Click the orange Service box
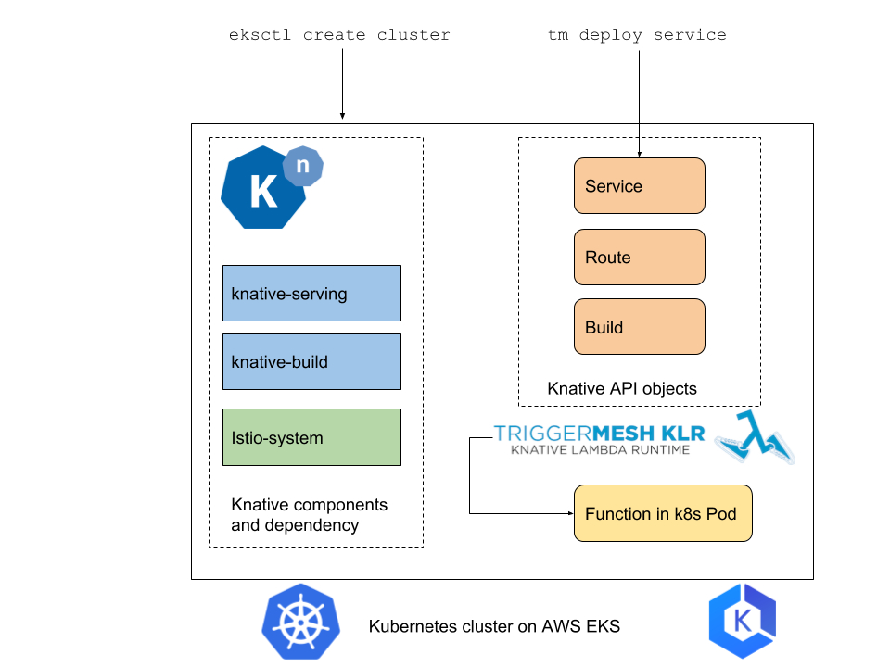pyautogui.click(x=640, y=186)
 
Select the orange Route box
pyautogui.click(x=640, y=258)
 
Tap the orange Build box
pyautogui.click(x=640, y=327)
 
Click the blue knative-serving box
pyautogui.click(x=311, y=294)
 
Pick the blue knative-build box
pyautogui.click(x=311, y=362)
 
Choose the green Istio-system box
pyautogui.click(x=311, y=437)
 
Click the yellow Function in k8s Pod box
pyautogui.click(x=662, y=513)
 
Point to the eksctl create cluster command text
pyautogui.click(x=339, y=35)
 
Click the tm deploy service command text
pyautogui.click(x=638, y=35)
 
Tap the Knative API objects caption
pyautogui.click(x=622, y=388)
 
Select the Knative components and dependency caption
pyautogui.click(x=310, y=515)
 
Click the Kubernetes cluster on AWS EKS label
pyautogui.click(x=494, y=626)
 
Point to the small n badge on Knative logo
pyautogui.click(x=302, y=167)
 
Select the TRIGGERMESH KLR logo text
pyautogui.click(x=599, y=433)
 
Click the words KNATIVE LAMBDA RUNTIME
pyautogui.click(x=600, y=450)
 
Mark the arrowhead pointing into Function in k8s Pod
pyautogui.click(x=568, y=513)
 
